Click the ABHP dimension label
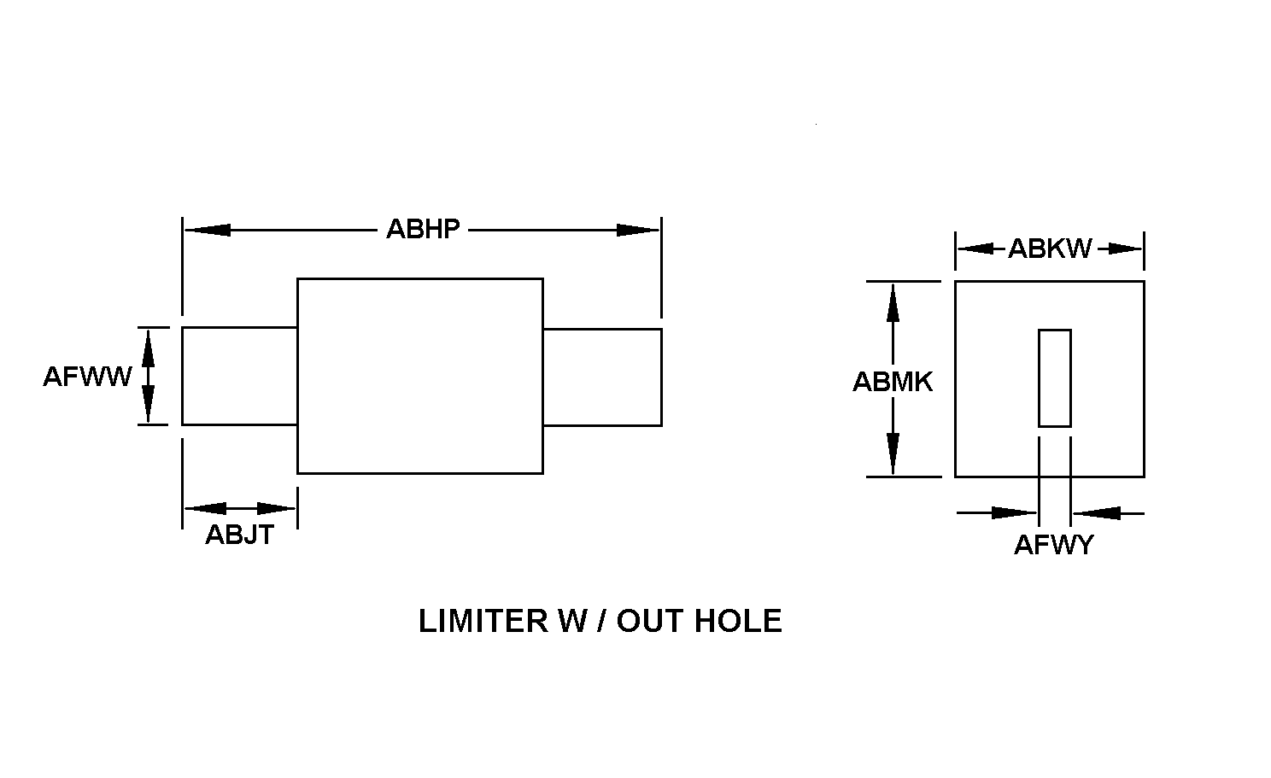tap(423, 229)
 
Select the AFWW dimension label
tap(87, 377)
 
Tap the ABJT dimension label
tap(239, 535)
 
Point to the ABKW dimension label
tap(1049, 249)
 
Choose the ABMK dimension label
tap(893, 382)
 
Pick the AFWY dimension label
tap(1053, 545)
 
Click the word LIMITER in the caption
tap(483, 621)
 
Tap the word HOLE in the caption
tap(738, 621)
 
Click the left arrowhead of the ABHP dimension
tap(208, 230)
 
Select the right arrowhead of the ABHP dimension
tap(638, 230)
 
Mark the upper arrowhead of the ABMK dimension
tap(893, 303)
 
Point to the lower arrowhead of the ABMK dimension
tap(893, 454)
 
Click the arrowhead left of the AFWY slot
tap(1015, 513)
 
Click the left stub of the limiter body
tap(239, 376)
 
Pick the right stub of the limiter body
tap(602, 377)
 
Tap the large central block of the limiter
tap(420, 376)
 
